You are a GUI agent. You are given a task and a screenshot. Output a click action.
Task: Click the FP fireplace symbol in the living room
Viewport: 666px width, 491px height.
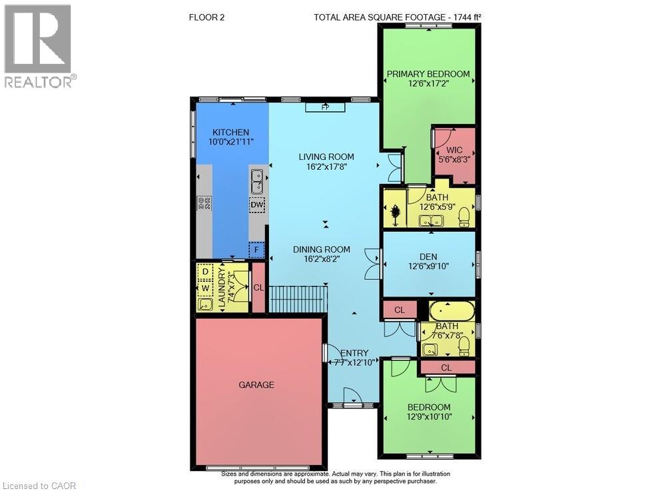325,107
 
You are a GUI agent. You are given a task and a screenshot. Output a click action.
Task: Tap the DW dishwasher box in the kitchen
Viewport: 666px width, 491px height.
257,206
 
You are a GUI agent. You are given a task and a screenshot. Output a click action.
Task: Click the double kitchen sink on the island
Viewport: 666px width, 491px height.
257,179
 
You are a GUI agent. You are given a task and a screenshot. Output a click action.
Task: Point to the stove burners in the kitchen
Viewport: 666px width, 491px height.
203,204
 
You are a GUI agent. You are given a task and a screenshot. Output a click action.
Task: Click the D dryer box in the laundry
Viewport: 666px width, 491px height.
205,272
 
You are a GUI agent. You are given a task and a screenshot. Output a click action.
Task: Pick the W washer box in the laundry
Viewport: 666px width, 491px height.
205,288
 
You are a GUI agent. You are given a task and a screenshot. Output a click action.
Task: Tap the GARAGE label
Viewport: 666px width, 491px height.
256,384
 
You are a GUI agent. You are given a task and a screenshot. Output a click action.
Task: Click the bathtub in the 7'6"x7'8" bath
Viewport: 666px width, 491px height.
450,311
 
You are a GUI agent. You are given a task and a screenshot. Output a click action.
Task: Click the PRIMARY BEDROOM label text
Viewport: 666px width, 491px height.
428,74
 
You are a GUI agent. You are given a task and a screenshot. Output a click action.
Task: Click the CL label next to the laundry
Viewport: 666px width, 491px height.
258,288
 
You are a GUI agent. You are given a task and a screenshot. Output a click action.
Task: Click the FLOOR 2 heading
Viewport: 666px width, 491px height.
207,17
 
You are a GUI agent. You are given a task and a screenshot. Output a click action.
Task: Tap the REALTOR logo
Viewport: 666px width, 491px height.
39,46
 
